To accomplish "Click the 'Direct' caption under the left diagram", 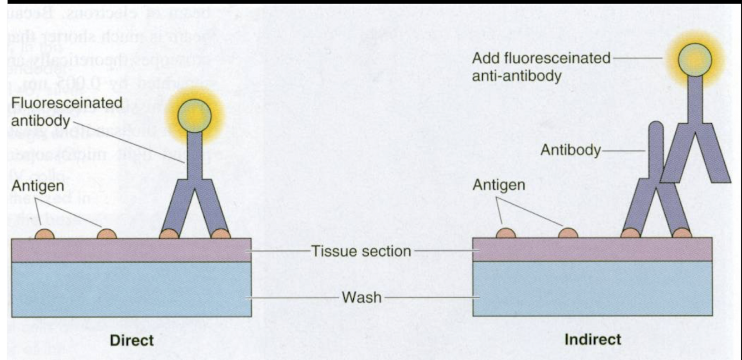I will [x=132, y=341].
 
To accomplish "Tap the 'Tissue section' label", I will [x=361, y=251].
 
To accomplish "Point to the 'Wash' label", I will [x=362, y=298].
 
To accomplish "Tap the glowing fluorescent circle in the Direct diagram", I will [x=194, y=114].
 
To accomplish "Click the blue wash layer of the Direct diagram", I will [x=131, y=289].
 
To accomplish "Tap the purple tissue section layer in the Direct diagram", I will [x=131, y=250].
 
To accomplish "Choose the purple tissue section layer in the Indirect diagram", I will [x=592, y=249].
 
